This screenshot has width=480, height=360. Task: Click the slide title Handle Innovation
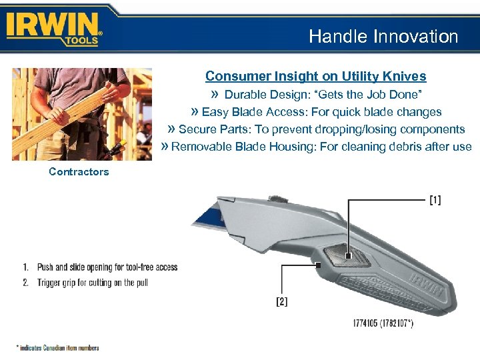[x=383, y=37]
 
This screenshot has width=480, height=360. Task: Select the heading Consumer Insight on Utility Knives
[x=315, y=76]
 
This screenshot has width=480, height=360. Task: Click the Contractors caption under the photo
[x=79, y=172]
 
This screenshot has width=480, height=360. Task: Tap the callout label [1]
[x=434, y=200]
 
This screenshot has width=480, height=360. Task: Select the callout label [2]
[x=282, y=301]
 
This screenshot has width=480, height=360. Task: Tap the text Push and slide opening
[x=80, y=267]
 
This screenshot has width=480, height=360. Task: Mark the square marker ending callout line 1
[x=349, y=254]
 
